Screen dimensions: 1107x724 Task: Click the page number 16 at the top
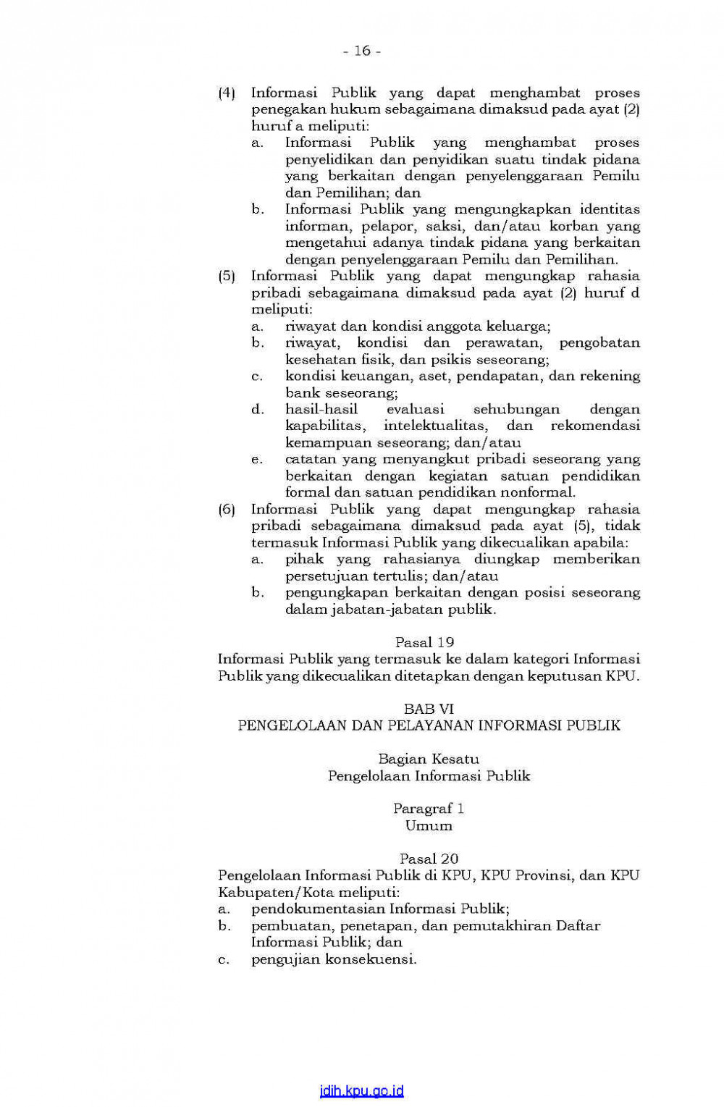(x=362, y=51)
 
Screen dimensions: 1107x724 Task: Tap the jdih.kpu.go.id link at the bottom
(x=361, y=1091)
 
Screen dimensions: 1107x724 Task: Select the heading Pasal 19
(x=424, y=642)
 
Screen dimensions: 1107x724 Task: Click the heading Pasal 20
(x=429, y=859)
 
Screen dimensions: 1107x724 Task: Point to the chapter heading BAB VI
(x=429, y=709)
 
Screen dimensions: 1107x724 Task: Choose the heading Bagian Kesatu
(x=429, y=759)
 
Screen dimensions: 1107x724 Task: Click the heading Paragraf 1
(x=429, y=808)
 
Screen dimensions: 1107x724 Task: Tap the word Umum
(x=429, y=825)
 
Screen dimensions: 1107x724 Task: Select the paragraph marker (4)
(x=227, y=93)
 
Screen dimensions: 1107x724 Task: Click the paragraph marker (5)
(x=227, y=276)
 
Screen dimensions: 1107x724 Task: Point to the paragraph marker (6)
(x=227, y=509)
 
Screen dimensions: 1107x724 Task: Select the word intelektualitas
(x=435, y=426)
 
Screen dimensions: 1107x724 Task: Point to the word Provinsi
(x=543, y=875)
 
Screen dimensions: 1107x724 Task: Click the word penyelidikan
(x=329, y=159)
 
